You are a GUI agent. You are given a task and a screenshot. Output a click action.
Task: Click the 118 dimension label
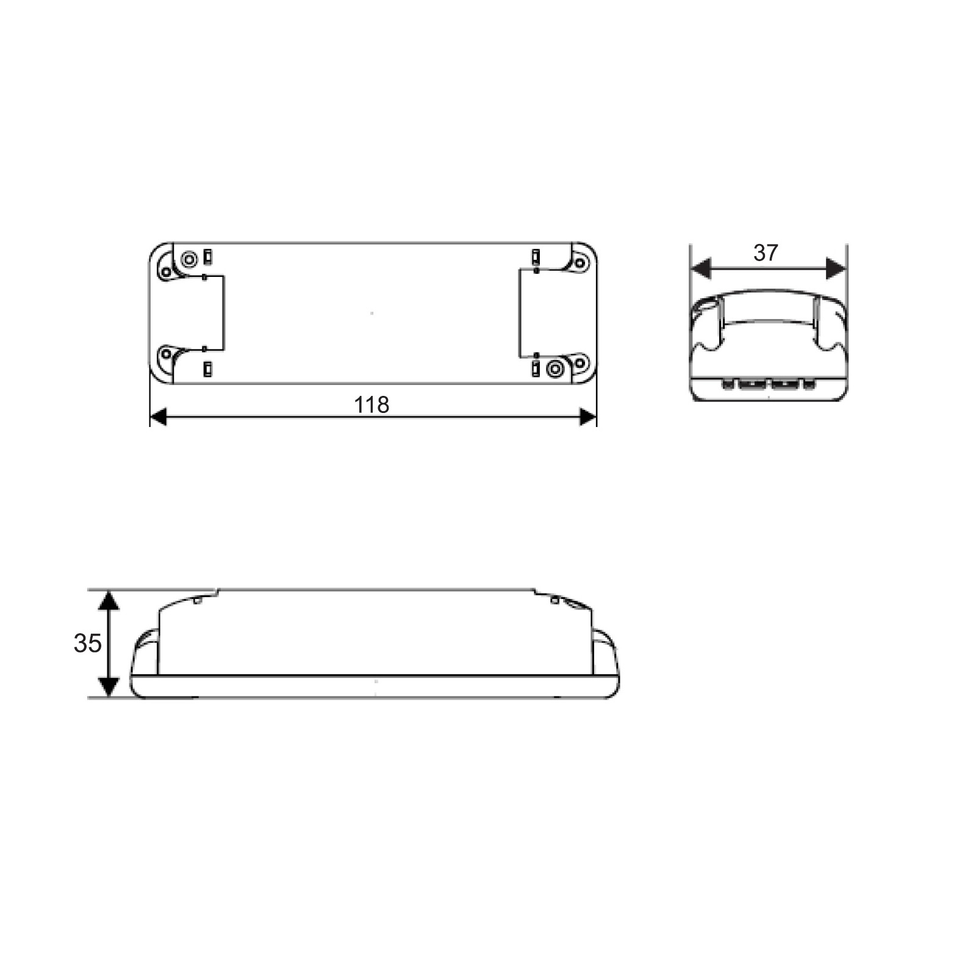click(x=371, y=404)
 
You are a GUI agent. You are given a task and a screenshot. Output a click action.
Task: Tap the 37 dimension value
click(x=766, y=253)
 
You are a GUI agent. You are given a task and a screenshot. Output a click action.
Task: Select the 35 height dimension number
click(x=87, y=644)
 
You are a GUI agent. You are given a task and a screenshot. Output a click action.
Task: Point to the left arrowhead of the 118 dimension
click(x=159, y=417)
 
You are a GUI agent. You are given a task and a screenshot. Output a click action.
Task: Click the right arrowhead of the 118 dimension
click(x=587, y=417)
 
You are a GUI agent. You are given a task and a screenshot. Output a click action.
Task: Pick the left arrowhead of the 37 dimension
click(x=700, y=268)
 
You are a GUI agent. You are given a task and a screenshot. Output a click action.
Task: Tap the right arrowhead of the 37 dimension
click(x=836, y=268)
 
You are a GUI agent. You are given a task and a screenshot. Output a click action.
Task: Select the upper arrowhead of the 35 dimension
click(x=109, y=600)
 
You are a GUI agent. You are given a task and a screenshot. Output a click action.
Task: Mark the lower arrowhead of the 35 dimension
click(x=109, y=687)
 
